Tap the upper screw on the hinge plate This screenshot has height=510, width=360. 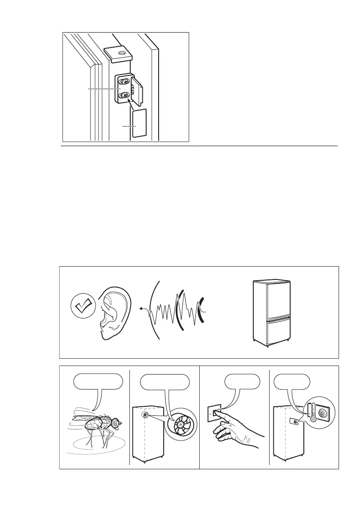point(125,81)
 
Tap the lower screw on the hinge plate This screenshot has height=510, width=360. point(125,95)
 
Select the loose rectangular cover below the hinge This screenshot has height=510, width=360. point(139,123)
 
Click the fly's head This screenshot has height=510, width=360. point(115,423)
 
